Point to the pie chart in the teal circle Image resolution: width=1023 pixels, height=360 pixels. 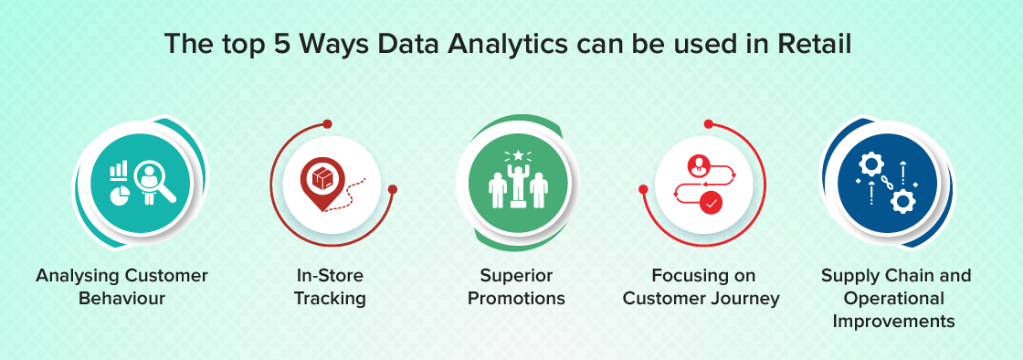tap(118, 195)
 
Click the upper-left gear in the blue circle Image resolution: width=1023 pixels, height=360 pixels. tap(870, 164)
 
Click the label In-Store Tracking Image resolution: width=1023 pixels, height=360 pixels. tap(331, 287)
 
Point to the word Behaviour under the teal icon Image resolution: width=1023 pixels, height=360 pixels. tap(122, 299)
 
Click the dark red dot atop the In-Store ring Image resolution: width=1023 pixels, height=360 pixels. tap(328, 123)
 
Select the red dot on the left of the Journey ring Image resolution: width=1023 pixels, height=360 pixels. tap(643, 190)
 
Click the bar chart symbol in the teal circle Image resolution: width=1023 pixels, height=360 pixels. tap(118, 170)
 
